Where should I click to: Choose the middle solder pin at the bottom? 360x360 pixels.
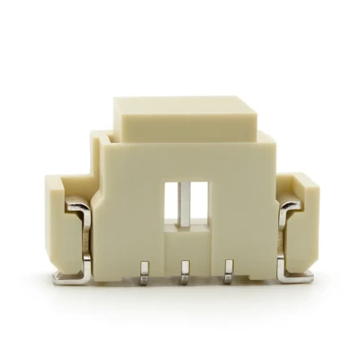click(184, 269)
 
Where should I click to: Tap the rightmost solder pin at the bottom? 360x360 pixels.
click(228, 269)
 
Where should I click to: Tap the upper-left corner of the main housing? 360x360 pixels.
click(97, 137)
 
